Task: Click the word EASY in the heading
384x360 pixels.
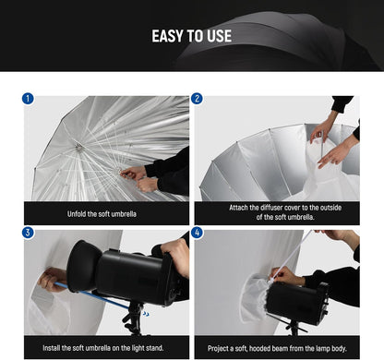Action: coord(166,37)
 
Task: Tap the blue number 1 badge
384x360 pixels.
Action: coord(30,98)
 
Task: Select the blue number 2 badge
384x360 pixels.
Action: coord(198,98)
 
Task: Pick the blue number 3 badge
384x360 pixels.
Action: coord(30,233)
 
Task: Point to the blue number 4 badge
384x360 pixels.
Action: coord(198,233)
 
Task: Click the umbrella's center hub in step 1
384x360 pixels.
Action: coord(80,146)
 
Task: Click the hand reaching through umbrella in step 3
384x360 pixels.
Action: coord(54,277)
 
